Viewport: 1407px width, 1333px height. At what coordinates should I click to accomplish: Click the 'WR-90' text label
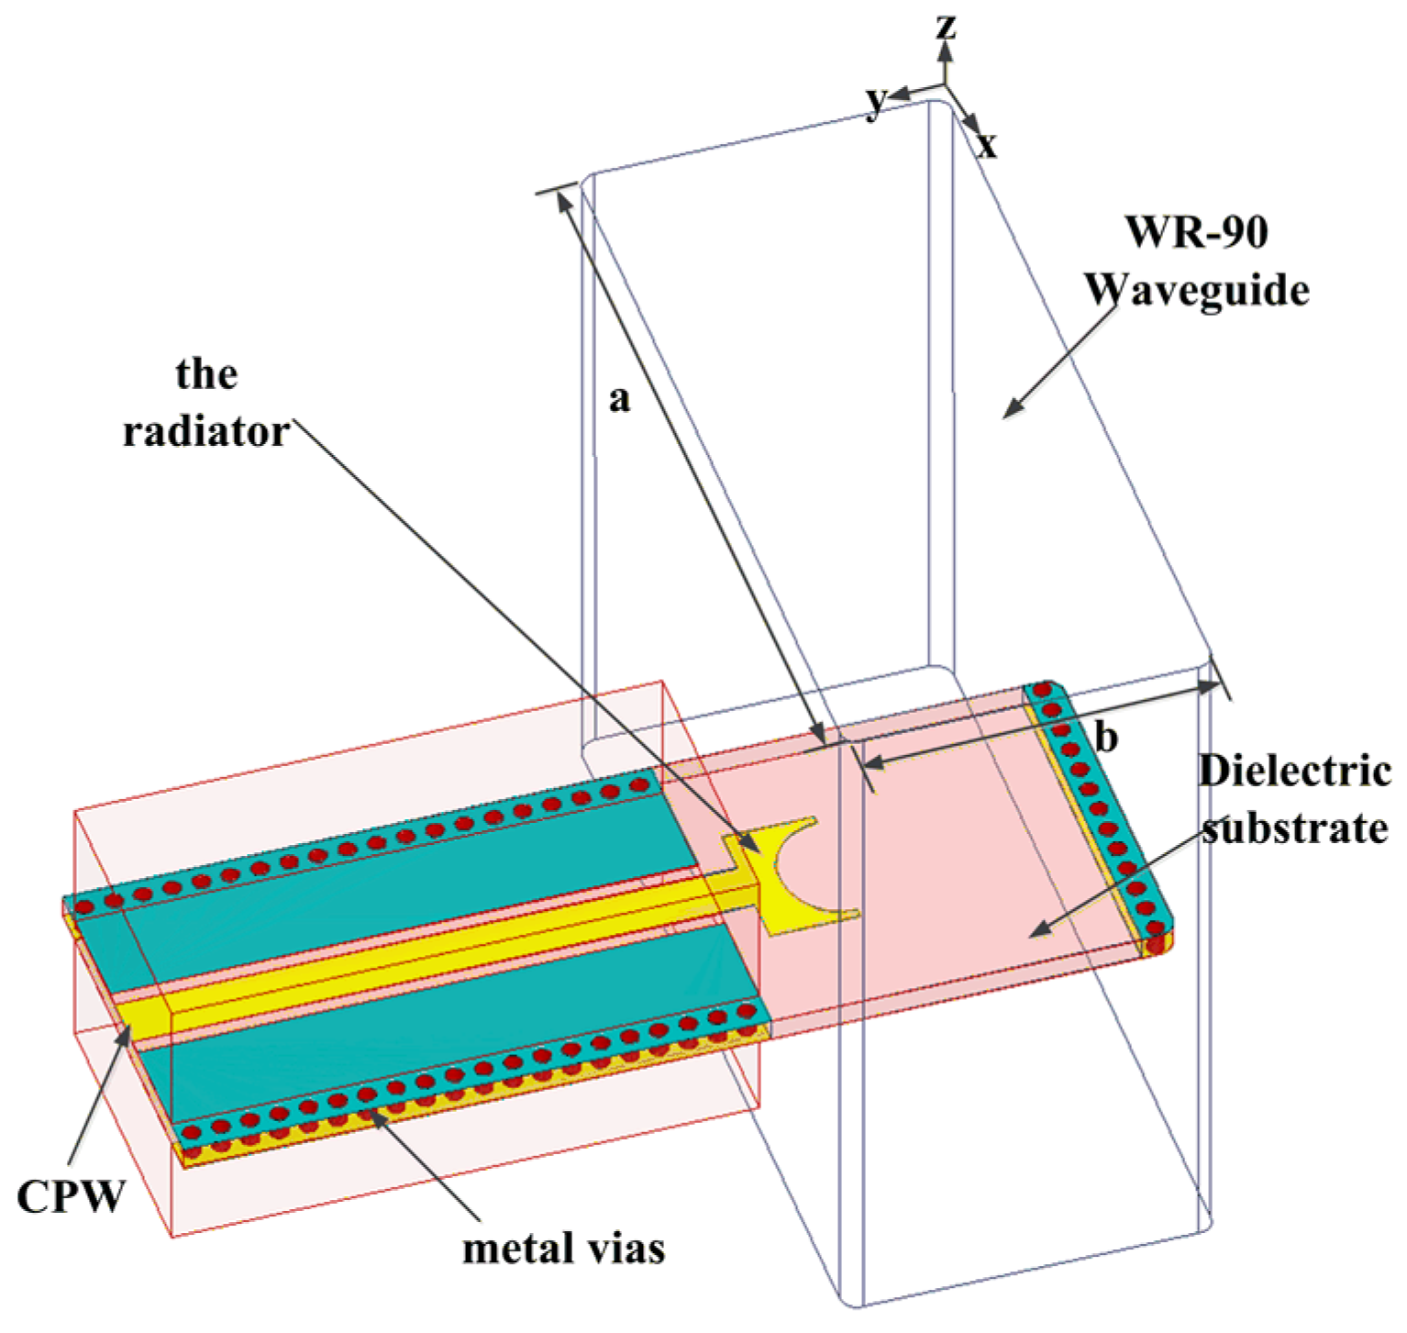[1197, 231]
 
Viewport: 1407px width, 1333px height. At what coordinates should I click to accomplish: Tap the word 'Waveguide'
[1197, 291]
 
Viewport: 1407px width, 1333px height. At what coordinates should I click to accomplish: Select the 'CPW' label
[70, 1196]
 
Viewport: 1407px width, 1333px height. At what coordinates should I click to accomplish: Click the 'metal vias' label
[563, 1249]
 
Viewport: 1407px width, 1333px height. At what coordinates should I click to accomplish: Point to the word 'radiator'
[206, 431]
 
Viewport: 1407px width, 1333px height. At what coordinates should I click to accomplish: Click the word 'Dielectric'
[1294, 771]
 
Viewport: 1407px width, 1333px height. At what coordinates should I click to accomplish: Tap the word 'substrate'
[1294, 828]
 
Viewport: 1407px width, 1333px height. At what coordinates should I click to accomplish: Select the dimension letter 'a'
[620, 399]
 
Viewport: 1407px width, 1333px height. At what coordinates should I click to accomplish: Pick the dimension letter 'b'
[1107, 737]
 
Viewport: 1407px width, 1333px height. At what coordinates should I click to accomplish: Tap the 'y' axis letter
[877, 98]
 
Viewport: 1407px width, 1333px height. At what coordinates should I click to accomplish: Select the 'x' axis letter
[986, 144]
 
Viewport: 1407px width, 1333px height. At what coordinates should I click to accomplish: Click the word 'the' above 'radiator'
[206, 373]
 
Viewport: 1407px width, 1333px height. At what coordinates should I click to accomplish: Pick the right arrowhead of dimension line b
[1213, 685]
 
